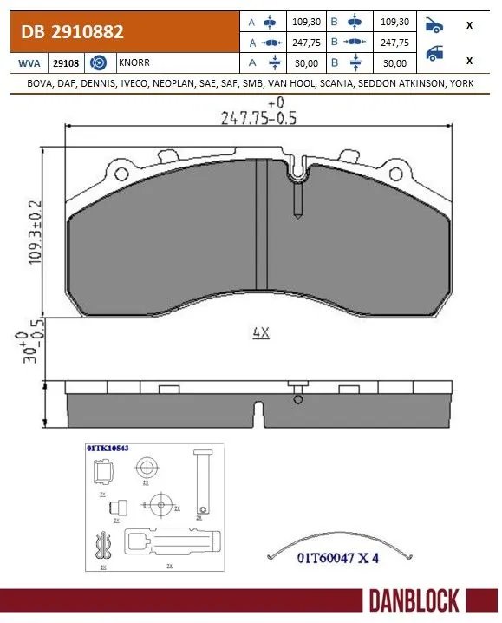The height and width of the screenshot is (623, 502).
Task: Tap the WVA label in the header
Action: point(27,63)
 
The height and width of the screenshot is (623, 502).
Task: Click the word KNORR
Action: point(132,63)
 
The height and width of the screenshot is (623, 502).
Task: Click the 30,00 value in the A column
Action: point(307,62)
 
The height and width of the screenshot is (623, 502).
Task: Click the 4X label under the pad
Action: point(258,331)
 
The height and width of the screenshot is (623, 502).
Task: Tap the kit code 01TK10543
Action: point(108,448)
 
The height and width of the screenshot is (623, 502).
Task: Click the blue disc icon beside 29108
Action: point(99,63)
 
